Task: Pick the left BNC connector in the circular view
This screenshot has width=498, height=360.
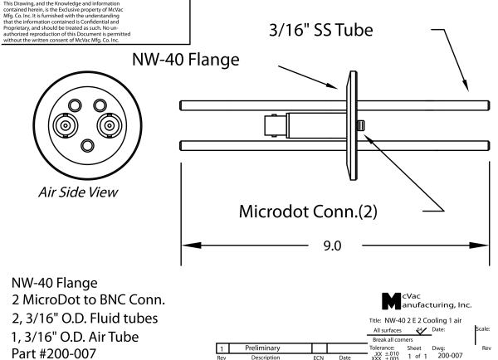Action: click(x=64, y=125)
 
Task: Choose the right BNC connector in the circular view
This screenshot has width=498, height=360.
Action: click(x=109, y=125)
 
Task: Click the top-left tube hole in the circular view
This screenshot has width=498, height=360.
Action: click(x=75, y=105)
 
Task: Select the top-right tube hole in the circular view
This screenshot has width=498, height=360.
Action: click(x=99, y=105)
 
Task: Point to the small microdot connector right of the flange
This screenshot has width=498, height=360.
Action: click(x=362, y=125)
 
